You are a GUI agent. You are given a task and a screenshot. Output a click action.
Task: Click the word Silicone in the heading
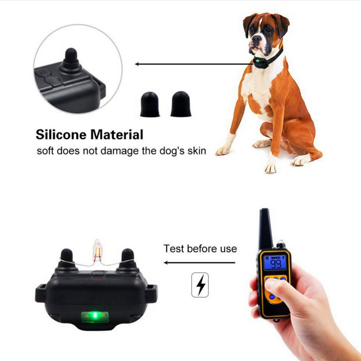(61, 134)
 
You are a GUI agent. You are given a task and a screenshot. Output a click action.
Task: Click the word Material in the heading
(117, 134)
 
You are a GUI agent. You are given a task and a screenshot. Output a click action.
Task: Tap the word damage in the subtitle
(120, 151)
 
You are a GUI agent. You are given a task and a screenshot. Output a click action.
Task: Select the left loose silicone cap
(150, 104)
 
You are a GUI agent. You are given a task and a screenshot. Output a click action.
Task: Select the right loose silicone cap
(181, 104)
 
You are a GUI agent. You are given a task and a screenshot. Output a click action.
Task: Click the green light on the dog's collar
(257, 61)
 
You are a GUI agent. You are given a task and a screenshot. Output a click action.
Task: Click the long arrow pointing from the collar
(194, 64)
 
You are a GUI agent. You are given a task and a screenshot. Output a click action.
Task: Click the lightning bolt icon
(200, 285)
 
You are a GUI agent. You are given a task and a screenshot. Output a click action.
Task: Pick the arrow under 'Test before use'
(199, 263)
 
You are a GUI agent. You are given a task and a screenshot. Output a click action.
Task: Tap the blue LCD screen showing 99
(275, 263)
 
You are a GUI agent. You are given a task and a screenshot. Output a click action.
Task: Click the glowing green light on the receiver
(95, 317)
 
